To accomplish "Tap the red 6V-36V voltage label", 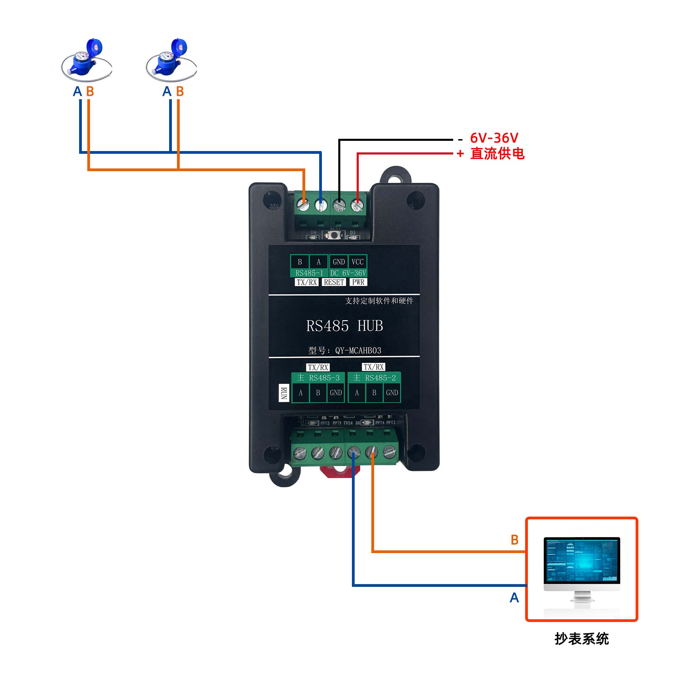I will tap(494, 138).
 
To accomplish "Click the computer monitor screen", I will tap(581, 560).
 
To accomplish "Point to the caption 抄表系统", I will tap(581, 639).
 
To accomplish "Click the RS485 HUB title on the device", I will tap(344, 326).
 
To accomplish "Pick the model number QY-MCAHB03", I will tap(358, 351).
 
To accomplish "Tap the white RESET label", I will tap(333, 282).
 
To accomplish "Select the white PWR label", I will tap(358, 282).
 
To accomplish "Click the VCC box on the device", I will tap(357, 262).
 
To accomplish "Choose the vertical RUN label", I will tap(283, 393).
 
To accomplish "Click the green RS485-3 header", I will tap(318, 378).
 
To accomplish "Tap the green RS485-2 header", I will tap(374, 378).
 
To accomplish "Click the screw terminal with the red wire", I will tap(357, 205).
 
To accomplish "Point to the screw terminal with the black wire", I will tap(339, 205).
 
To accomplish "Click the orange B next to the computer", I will tap(514, 540).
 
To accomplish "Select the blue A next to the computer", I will tap(514, 598).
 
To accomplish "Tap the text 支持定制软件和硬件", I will tap(379, 301).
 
